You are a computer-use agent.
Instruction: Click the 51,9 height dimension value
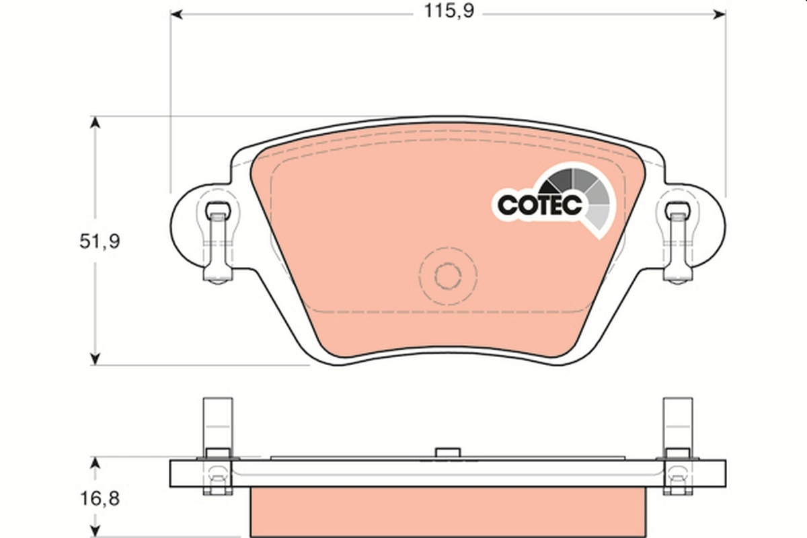point(99,241)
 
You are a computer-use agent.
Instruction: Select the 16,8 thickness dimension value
point(99,500)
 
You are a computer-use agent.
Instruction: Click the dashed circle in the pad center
point(447,274)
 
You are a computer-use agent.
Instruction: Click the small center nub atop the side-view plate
point(446,453)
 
